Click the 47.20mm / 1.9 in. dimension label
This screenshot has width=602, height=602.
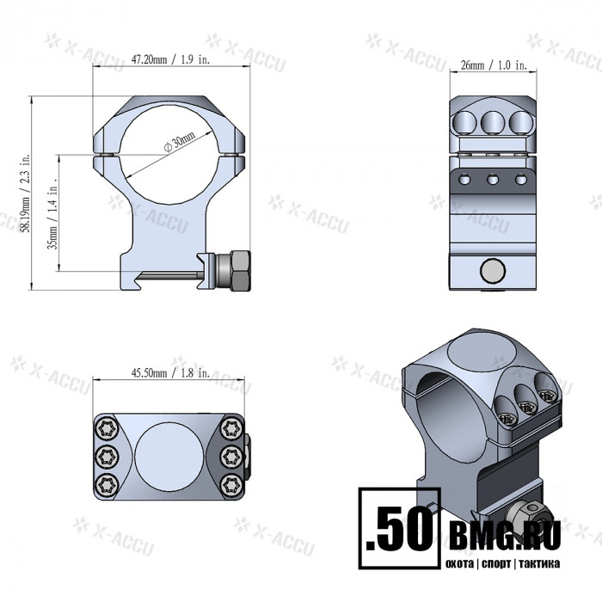tap(172, 60)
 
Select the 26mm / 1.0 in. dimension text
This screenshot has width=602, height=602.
tap(493, 65)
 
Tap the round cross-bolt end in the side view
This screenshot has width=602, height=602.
tap(492, 271)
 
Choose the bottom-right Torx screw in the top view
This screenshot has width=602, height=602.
tap(230, 485)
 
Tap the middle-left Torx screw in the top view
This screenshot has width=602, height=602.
tap(106, 456)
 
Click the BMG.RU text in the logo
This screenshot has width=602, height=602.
tap(504, 535)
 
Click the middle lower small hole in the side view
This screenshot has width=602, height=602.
tap(493, 179)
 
